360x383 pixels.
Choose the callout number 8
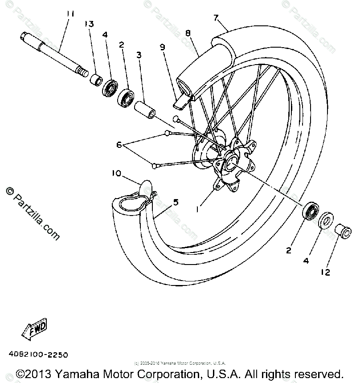coord(188,33)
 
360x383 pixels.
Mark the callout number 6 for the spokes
coord(119,144)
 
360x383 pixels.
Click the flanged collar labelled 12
coord(341,231)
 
